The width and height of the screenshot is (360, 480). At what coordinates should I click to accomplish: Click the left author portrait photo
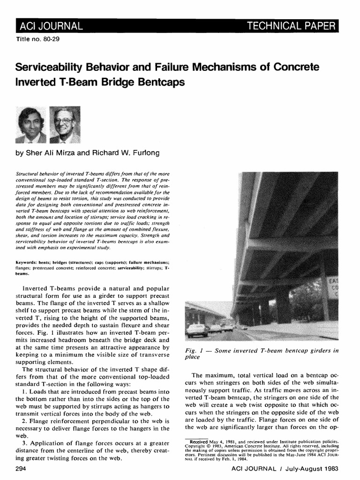point(31,125)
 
